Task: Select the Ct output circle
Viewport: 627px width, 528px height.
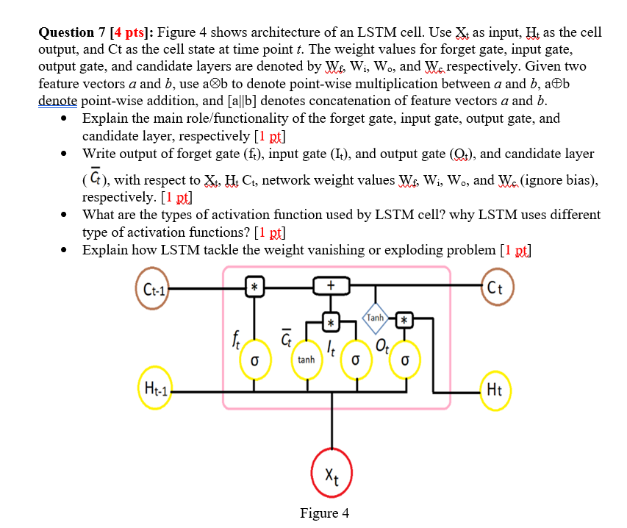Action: click(498, 287)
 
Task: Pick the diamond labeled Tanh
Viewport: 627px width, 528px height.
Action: click(376, 318)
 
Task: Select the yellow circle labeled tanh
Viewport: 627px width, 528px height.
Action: click(307, 360)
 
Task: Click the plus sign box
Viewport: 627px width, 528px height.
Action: click(332, 285)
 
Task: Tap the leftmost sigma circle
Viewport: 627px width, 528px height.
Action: click(254, 360)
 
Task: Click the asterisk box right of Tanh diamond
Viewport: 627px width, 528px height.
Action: click(404, 319)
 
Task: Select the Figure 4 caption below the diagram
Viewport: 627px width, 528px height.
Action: click(325, 513)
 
